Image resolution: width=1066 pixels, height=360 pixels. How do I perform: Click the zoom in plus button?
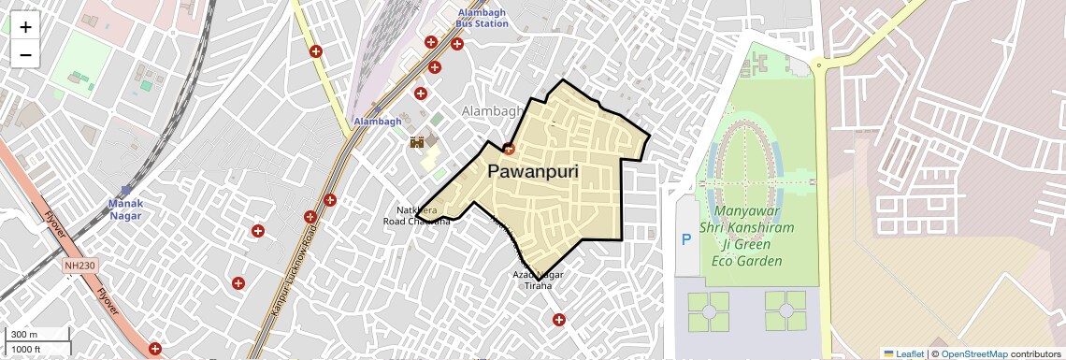coord(25,27)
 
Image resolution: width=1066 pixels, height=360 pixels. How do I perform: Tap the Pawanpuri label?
coord(533,173)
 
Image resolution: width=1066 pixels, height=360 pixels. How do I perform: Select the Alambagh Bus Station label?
coord(483,17)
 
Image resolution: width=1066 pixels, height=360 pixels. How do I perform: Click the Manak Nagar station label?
coord(125,209)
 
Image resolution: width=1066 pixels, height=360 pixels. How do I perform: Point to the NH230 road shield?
coord(79,266)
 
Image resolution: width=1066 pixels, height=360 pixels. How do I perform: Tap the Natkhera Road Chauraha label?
coord(417,216)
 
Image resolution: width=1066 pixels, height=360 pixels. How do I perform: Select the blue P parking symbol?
coord(687,240)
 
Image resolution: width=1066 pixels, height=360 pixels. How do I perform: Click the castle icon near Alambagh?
coord(418,142)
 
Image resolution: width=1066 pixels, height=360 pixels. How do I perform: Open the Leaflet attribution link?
coord(903,353)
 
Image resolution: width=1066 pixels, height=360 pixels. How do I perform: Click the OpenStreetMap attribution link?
coord(973,353)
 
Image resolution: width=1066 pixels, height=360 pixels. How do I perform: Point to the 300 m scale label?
coord(24,335)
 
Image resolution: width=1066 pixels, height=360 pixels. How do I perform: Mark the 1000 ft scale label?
coord(26,349)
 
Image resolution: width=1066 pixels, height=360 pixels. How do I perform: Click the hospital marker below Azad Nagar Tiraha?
coord(559,320)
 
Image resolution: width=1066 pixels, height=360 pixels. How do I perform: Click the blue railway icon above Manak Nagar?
coord(126,191)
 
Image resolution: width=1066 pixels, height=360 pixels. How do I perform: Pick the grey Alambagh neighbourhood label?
coord(492,111)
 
